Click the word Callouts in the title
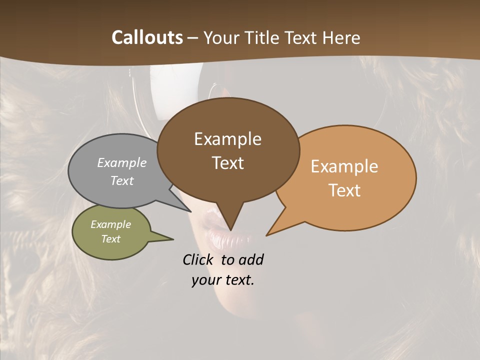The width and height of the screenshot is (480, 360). [x=147, y=37]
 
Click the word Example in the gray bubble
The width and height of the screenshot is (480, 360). [x=122, y=162]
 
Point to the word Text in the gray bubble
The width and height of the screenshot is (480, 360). [x=122, y=180]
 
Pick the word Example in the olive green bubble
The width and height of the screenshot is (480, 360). [x=110, y=224]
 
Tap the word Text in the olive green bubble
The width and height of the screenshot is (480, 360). [x=110, y=239]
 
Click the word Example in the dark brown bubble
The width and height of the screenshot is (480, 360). [x=227, y=139]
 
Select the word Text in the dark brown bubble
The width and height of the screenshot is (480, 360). [x=227, y=163]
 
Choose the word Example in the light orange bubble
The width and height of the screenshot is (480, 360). [x=344, y=166]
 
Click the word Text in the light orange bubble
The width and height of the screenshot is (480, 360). [x=344, y=190]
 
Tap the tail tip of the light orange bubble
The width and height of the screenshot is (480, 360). [x=267, y=235]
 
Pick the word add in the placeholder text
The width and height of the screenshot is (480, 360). [x=251, y=260]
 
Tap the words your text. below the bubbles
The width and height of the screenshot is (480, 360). [x=223, y=280]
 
